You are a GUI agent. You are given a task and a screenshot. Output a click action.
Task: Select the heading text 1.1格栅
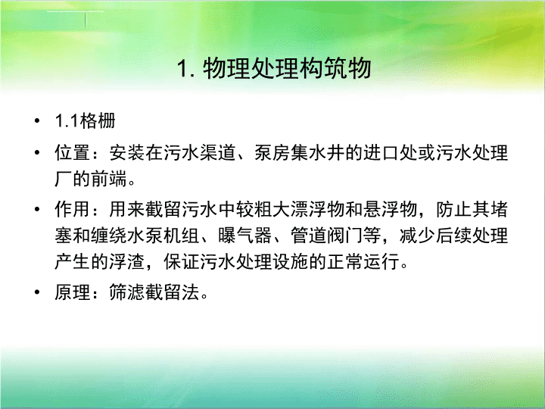pyautogui.click(x=85, y=121)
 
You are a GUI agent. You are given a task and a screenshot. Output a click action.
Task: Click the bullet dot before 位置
pyautogui.click(x=37, y=153)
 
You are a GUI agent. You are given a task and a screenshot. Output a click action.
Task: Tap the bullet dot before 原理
pyautogui.click(x=37, y=292)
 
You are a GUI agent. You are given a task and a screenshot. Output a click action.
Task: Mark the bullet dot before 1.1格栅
pyautogui.click(x=37, y=121)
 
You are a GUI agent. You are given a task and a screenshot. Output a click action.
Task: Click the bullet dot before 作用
pyautogui.click(x=37, y=209)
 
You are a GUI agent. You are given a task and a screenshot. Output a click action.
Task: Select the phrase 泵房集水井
pyautogui.click(x=299, y=153)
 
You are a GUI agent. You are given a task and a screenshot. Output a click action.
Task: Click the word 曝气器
pyautogui.click(x=245, y=236)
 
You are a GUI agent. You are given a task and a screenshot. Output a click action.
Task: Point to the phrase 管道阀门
pyautogui.click(x=326, y=236)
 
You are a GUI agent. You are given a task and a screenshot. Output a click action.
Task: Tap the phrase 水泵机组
pyautogui.click(x=163, y=236)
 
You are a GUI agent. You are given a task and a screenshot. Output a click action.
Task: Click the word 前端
pyautogui.click(x=109, y=179)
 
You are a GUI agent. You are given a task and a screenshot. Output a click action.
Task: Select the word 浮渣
pyautogui.click(x=127, y=262)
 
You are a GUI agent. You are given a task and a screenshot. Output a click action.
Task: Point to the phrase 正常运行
pyautogui.click(x=363, y=262)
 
